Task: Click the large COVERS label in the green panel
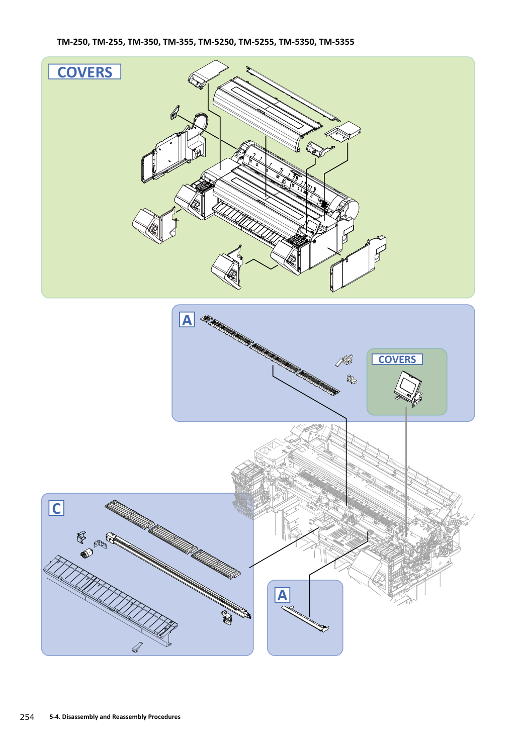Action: pos(84,72)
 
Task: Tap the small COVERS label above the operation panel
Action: pos(397,359)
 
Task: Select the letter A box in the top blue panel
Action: pos(187,320)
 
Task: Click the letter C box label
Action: pos(56,508)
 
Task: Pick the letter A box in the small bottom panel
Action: pos(282,595)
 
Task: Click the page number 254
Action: pos(27,717)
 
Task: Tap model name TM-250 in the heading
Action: pos(72,42)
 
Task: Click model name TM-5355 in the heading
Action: pos(336,42)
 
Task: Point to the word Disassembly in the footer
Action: pos(80,716)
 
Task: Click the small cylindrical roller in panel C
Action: pos(86,554)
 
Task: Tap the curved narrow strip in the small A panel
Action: pos(305,619)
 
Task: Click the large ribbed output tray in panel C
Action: pos(110,600)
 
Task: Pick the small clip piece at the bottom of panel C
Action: pos(137,647)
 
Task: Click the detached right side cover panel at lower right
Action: pos(358,263)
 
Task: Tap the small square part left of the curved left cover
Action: pos(175,112)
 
